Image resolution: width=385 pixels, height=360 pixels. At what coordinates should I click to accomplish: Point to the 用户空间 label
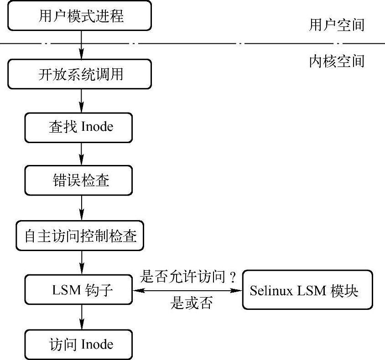[337, 25]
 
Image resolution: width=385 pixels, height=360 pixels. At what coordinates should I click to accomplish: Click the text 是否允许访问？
[189, 276]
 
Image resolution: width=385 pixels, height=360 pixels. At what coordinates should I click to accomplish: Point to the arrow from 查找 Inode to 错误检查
[81, 154]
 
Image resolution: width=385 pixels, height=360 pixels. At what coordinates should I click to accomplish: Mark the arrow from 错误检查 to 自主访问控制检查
[81, 208]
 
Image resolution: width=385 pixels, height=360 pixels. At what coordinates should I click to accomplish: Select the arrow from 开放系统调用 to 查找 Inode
[81, 100]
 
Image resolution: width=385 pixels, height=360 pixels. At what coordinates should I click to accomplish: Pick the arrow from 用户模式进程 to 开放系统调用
[81, 46]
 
